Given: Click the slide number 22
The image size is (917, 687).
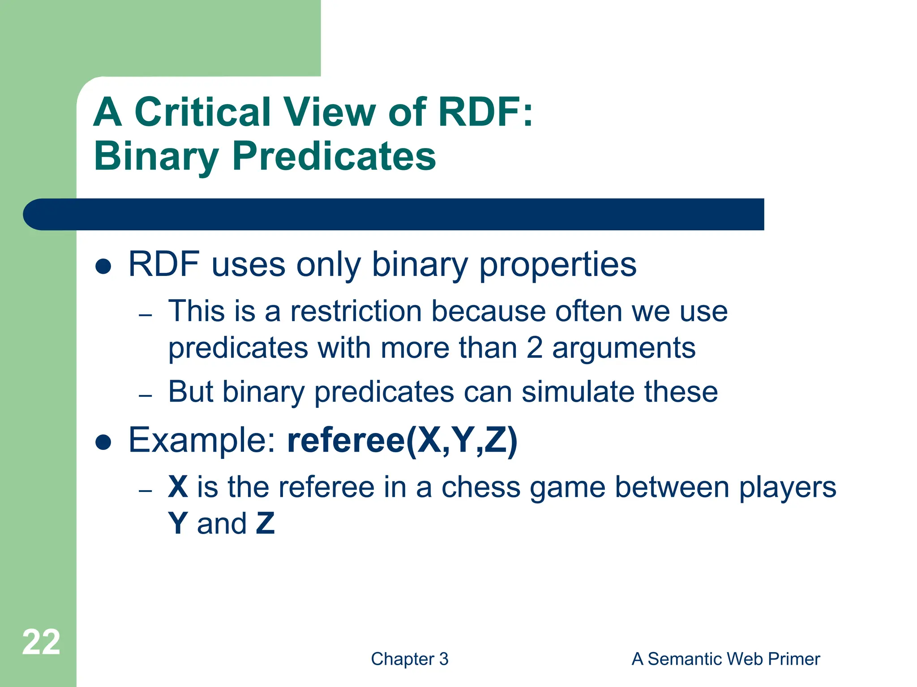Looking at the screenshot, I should (x=41, y=642).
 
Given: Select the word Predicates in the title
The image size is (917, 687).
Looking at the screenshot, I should (x=334, y=157).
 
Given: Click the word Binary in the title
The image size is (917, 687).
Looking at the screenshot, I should (x=156, y=157).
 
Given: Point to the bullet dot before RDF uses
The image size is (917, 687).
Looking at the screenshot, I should (x=103, y=267).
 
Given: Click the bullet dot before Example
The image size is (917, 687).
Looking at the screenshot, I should (x=103, y=443).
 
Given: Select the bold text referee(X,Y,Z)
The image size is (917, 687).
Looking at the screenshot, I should (x=402, y=441).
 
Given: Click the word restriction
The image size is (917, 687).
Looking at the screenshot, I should (x=356, y=311).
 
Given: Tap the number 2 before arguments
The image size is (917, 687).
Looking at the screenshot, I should (x=534, y=348).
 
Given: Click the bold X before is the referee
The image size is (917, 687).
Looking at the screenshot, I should (x=178, y=487).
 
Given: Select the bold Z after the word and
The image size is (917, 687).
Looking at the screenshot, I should (x=265, y=524).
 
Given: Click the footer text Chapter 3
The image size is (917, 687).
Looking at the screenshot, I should (x=409, y=659).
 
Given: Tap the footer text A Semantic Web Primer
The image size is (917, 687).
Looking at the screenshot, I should (x=725, y=659).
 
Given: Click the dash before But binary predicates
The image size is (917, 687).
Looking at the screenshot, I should (x=146, y=395).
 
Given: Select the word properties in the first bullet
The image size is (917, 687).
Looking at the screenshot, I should (x=557, y=265).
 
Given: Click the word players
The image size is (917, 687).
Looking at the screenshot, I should (x=787, y=487).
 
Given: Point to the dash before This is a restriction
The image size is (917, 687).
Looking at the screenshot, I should (x=146, y=315).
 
